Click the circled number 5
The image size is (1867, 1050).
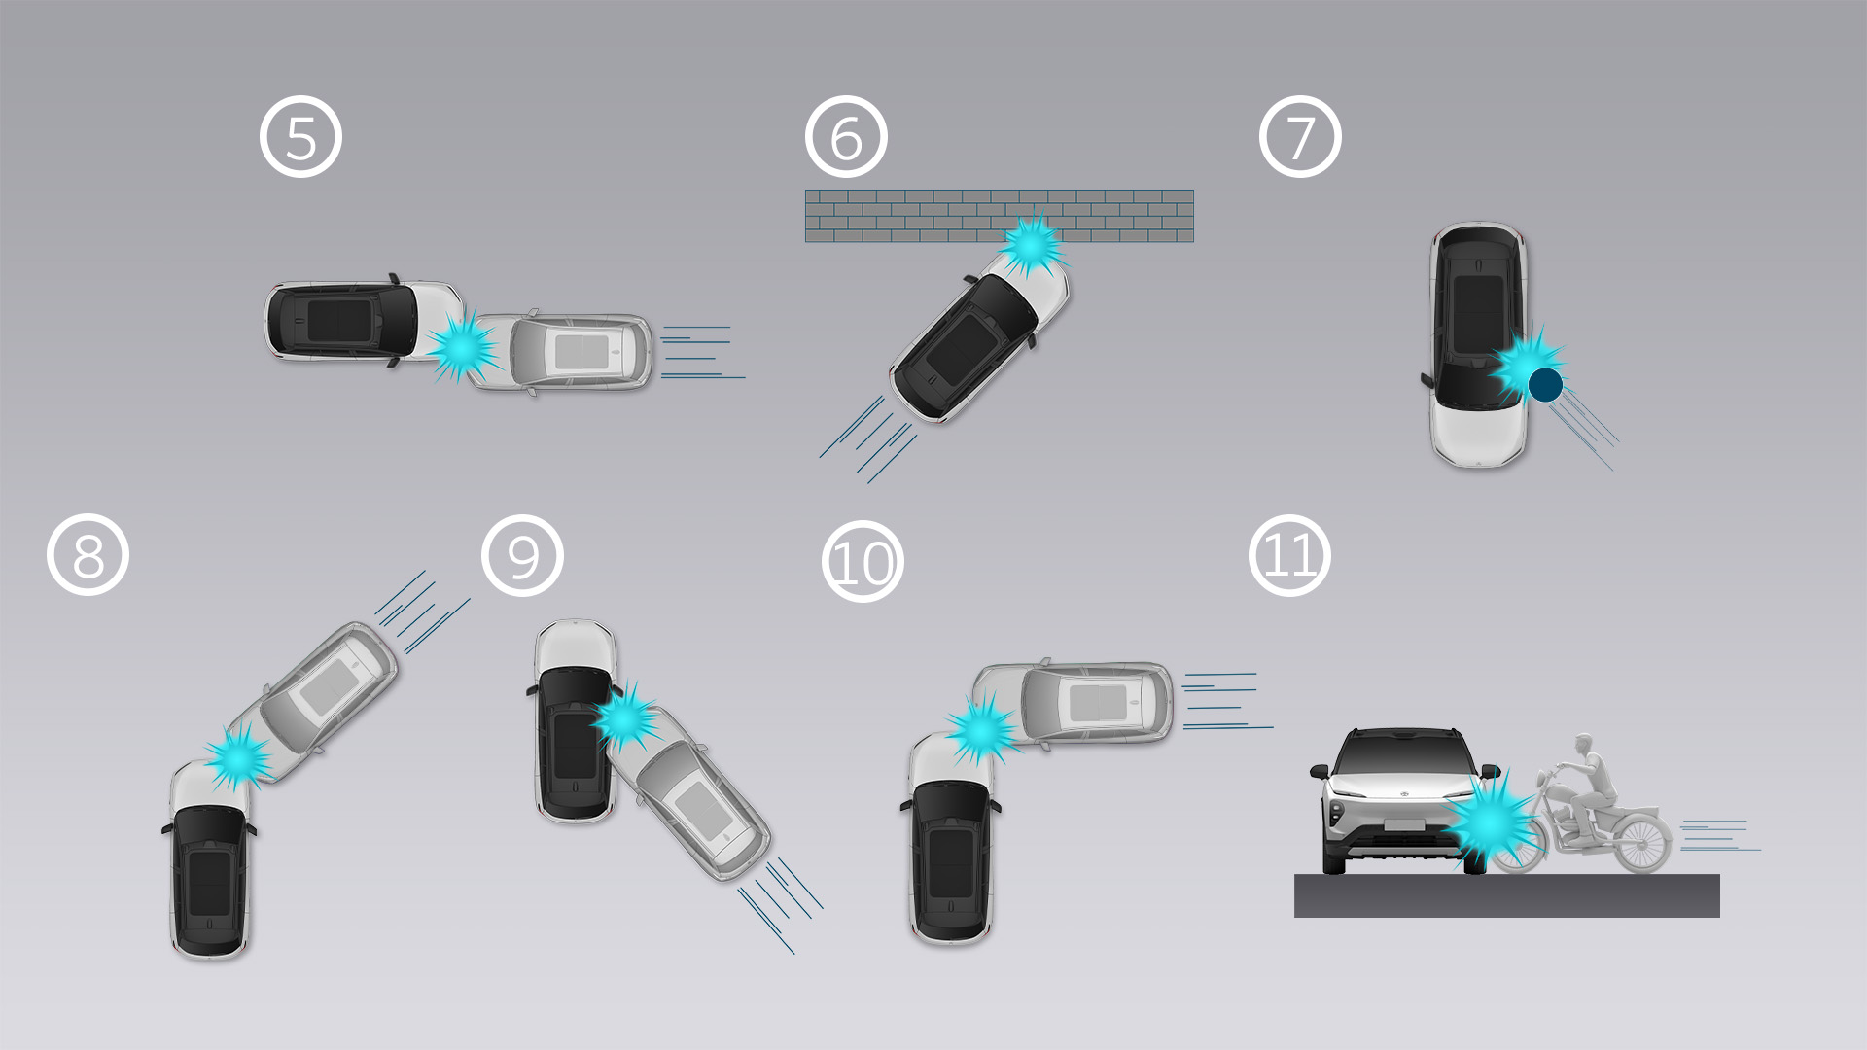300,137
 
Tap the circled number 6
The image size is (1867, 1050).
846,137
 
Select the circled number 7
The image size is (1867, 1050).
1300,137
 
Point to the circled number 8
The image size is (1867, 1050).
88,555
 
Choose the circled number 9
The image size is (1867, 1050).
522,555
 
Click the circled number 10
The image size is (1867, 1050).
863,561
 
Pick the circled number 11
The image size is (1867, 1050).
1289,555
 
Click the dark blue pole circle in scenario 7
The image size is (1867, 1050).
1545,385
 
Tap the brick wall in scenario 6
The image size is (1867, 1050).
1000,216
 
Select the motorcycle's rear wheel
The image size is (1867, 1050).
1642,842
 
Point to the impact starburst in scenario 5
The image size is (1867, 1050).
462,346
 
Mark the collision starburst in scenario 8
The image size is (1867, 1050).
237,754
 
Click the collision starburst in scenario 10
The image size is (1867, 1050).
982,729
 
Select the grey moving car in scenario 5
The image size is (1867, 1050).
561,352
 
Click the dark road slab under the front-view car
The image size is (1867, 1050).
1506,895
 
